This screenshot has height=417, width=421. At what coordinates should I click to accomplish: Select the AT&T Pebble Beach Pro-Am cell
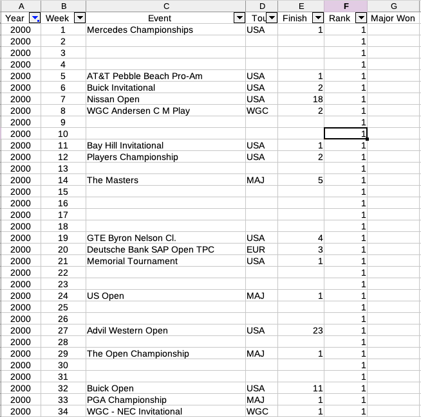click(145, 76)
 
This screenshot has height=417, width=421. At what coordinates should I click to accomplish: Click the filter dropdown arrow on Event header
click(239, 18)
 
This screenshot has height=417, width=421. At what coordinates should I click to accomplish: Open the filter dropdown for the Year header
click(35, 18)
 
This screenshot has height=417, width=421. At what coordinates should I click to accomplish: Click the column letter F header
click(346, 6)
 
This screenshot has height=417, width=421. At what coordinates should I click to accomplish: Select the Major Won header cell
click(393, 18)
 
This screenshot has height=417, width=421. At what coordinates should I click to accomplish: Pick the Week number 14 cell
click(62, 181)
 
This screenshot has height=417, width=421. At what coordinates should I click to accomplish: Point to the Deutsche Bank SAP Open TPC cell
click(151, 250)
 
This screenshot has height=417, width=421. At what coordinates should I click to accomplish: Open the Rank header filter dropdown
click(360, 18)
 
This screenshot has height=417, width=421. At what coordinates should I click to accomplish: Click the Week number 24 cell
click(62, 296)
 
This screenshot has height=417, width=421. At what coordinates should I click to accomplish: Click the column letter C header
click(165, 6)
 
